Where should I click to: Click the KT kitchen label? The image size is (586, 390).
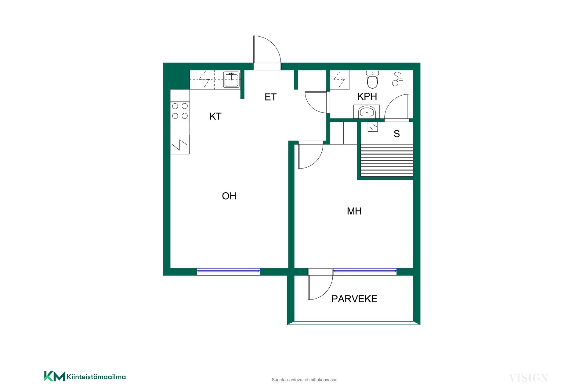(215, 116)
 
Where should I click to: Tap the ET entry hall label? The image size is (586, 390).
(270, 97)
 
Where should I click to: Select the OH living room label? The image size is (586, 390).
(229, 196)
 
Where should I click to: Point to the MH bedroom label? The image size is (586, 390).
(354, 211)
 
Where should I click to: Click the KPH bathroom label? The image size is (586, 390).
(367, 97)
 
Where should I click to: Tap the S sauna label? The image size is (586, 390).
(396, 134)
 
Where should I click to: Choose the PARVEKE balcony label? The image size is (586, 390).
(354, 299)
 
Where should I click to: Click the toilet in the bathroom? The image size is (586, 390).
(372, 79)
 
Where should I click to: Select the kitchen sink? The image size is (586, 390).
(231, 80)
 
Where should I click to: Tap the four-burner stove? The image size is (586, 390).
(180, 111)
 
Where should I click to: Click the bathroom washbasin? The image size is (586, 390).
(367, 112)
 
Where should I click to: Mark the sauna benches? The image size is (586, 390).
(387, 160)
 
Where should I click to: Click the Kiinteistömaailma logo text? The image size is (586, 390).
(96, 377)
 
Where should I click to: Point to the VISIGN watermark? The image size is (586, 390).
(528, 378)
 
